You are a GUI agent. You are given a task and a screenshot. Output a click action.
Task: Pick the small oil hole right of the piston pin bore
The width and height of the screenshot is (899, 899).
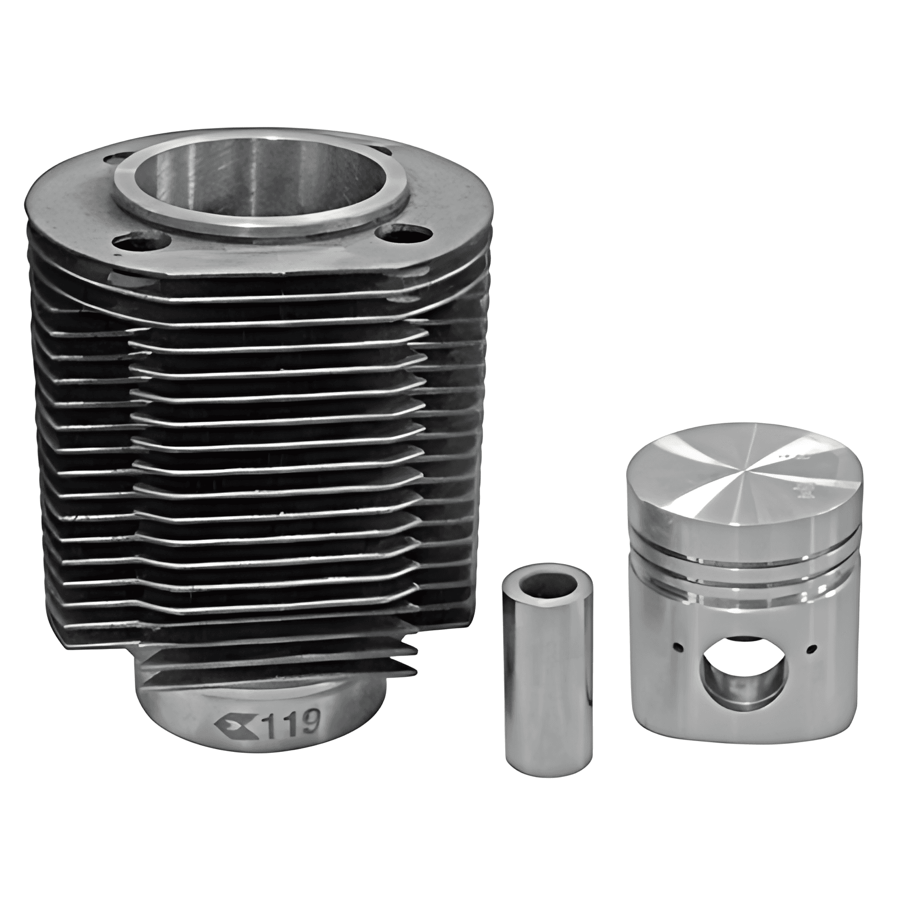[x=813, y=649]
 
